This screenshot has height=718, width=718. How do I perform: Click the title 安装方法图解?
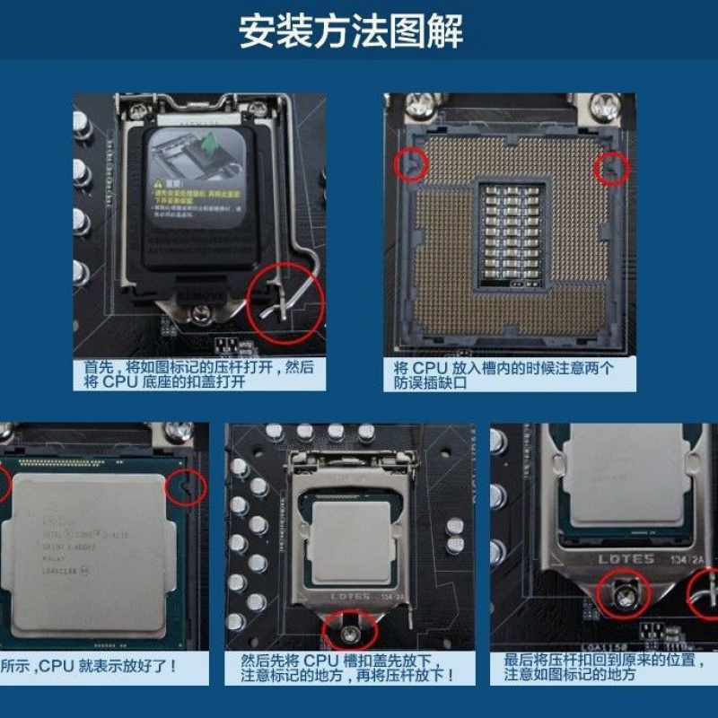(351, 31)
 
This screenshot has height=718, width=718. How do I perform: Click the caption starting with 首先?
(199, 374)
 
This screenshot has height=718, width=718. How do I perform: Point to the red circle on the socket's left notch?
(410, 165)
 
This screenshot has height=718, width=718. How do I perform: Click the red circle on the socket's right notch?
(613, 168)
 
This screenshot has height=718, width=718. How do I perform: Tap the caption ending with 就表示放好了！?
(89, 666)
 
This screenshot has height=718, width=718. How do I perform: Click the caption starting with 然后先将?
(346, 668)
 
